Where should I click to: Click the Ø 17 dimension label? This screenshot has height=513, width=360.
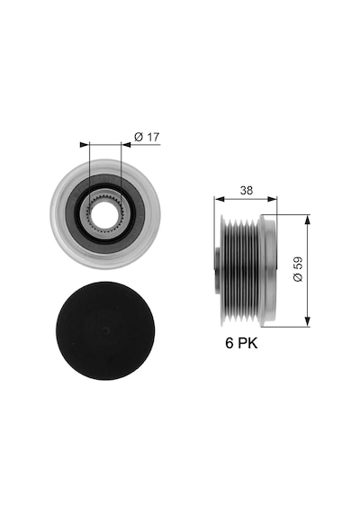click(x=147, y=137)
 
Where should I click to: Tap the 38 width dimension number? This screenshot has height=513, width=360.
click(x=247, y=190)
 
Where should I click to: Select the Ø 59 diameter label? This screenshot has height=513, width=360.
click(x=298, y=269)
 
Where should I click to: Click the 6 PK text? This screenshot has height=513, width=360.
click(x=241, y=343)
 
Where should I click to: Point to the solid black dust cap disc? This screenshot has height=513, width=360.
click(x=105, y=330)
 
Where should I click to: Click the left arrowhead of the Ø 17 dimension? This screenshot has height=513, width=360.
click(x=85, y=145)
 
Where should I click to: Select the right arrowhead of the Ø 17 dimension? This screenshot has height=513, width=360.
click(x=126, y=145)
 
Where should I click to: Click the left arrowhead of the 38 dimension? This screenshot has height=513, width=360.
click(x=219, y=199)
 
